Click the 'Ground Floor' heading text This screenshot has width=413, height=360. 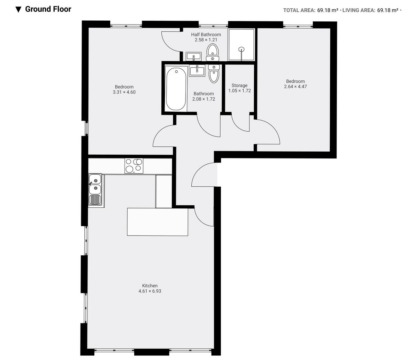48,9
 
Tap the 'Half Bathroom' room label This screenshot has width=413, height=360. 206,34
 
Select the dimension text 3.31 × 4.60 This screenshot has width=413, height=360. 124,92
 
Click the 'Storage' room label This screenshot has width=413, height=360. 239,85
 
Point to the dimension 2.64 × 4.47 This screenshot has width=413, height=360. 295,86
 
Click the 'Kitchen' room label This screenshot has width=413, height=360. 150,286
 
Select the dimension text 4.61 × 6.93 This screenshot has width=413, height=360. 150,291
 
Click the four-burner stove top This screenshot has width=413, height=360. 134,165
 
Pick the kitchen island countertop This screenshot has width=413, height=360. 158,222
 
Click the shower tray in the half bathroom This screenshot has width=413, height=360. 242,44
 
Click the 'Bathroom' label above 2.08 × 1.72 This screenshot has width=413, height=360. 203,94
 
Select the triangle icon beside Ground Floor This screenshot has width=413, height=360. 19,10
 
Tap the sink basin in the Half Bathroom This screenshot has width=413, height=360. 193,56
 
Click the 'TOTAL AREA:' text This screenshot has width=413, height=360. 299,10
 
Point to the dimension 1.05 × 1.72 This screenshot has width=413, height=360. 239,91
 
